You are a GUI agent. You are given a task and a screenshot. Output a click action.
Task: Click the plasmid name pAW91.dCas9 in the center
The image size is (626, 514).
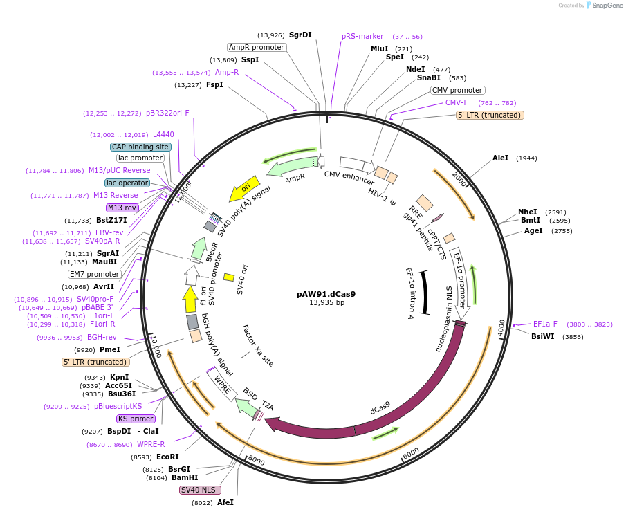(x=326, y=293)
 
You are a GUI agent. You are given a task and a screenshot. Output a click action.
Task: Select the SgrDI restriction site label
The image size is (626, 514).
(x=300, y=35)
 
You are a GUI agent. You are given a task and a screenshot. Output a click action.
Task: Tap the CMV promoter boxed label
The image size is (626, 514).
(x=457, y=90)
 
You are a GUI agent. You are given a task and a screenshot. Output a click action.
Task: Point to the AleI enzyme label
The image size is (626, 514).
(x=500, y=158)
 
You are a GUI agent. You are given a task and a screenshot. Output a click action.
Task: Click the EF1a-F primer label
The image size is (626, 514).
(x=545, y=324)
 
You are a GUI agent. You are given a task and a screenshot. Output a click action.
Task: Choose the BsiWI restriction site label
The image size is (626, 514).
(x=543, y=336)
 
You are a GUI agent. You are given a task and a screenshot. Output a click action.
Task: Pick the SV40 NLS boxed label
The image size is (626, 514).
(x=200, y=490)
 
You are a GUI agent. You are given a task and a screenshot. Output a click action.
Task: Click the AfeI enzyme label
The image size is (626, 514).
(x=225, y=502)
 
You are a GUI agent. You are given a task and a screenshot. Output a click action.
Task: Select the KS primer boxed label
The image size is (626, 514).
(x=136, y=419)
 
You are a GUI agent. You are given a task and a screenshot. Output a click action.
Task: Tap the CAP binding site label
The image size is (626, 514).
(x=140, y=147)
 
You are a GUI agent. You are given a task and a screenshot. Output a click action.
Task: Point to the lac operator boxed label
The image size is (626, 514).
(x=127, y=183)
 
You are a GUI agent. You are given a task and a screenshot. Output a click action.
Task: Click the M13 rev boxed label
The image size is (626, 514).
(x=122, y=208)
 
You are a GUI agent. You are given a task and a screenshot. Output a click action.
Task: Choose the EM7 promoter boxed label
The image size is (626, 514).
(x=95, y=274)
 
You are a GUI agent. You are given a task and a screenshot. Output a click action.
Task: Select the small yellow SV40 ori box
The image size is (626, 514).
(x=229, y=277)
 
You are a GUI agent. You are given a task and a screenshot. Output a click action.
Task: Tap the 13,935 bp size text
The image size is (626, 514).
(x=326, y=302)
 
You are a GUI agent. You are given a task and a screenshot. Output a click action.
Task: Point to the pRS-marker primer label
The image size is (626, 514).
(x=362, y=36)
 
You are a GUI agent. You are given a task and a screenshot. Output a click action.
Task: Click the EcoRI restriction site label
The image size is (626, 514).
(x=167, y=457)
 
